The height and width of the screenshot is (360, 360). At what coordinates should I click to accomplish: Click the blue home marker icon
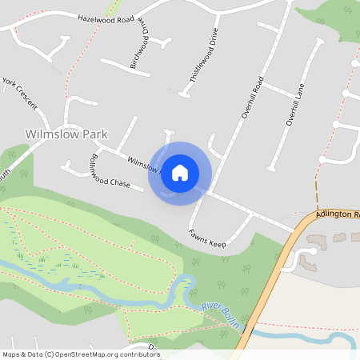coord(179,173)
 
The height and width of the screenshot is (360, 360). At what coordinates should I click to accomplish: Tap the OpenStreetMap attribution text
coord(80,354)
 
